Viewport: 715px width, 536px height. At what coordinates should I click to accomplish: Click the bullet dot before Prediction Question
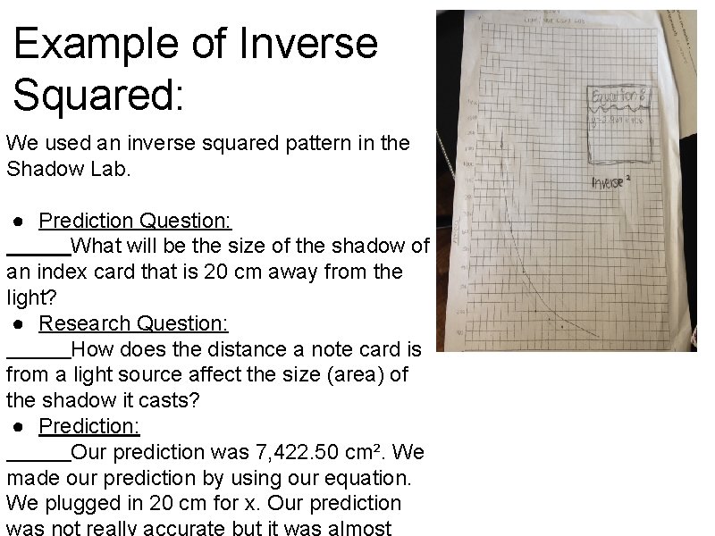click(18, 221)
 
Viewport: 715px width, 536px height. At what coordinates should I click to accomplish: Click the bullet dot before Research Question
click(18, 323)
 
